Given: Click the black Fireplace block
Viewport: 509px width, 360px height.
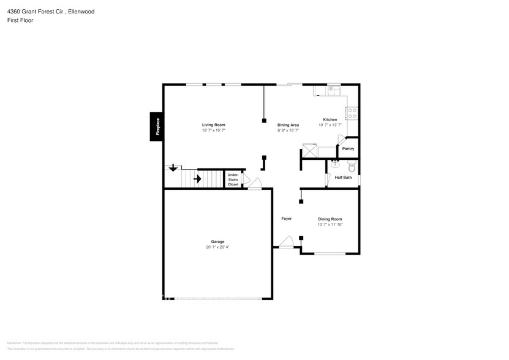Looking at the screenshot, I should (157, 127).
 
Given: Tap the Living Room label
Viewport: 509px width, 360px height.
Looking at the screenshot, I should (214, 125).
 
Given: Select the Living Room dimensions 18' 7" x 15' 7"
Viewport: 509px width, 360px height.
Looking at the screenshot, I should (214, 130).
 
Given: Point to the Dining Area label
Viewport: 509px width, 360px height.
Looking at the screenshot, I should (288, 125).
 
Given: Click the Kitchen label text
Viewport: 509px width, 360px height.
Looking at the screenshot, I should (330, 119).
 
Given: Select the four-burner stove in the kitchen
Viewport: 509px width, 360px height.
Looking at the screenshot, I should (352, 113).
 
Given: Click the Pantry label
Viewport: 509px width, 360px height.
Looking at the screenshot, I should (348, 149).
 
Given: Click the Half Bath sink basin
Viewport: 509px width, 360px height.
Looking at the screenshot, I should (335, 164).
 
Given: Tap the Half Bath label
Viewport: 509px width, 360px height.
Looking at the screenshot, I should (343, 178).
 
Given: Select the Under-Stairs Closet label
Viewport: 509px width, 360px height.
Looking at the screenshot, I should (233, 179).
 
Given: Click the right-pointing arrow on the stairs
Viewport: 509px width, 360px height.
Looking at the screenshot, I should (197, 179).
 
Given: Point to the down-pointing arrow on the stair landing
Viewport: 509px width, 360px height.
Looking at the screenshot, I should (173, 167).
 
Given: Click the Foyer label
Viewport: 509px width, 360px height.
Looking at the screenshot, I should (286, 219).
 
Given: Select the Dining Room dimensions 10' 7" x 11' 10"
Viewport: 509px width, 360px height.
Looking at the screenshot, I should (330, 225).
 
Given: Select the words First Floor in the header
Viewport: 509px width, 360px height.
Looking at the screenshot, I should (20, 20).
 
